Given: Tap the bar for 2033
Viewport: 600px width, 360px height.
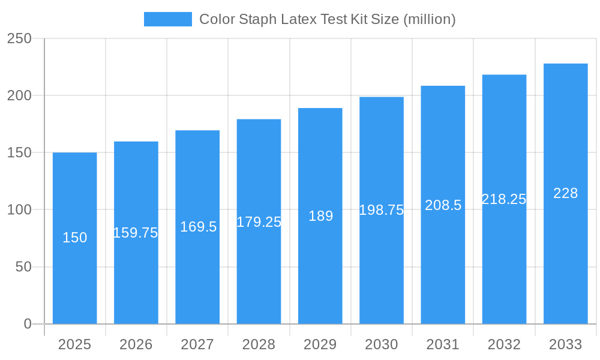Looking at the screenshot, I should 565,252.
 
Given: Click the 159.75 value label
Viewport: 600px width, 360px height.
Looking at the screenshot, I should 136,233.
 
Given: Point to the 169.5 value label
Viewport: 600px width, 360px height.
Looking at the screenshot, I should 198,227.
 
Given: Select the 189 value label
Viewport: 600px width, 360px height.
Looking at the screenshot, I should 320,216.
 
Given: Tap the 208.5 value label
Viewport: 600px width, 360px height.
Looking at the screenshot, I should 443,205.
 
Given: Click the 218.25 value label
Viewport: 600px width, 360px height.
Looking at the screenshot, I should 504,199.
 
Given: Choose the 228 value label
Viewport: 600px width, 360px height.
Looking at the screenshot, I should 565,193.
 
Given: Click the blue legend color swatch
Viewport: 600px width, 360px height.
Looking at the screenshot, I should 167,19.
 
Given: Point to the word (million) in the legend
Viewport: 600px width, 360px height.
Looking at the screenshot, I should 430,19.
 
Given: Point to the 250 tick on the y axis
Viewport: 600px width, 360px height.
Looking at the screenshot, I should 19,38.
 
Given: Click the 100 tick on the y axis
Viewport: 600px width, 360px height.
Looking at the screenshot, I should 19,210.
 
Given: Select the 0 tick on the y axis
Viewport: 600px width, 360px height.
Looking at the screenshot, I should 28,324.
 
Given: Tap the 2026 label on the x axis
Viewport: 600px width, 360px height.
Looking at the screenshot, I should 136,344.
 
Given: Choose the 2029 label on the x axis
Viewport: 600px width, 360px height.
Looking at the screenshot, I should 320,344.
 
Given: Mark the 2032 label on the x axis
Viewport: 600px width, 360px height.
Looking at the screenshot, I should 504,344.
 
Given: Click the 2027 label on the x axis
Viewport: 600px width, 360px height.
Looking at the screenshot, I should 197,344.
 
